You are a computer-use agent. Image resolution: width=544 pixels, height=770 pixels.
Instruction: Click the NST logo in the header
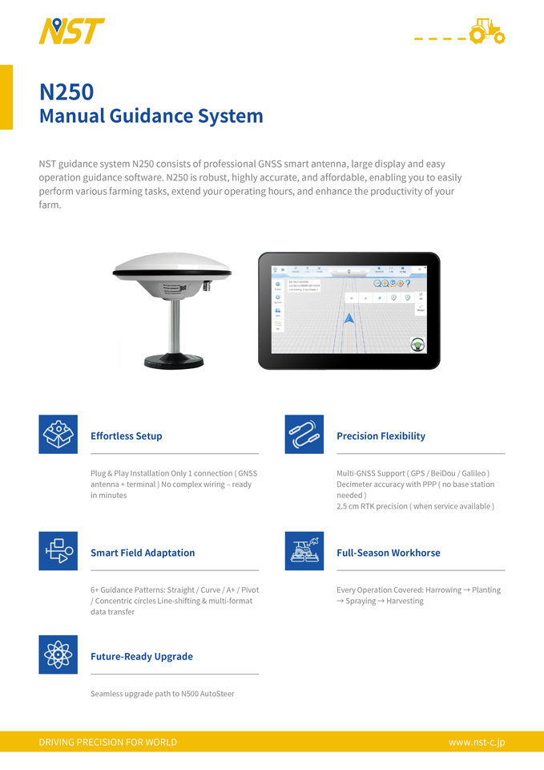[71, 31]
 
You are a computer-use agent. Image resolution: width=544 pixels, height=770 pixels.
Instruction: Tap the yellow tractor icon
[486, 31]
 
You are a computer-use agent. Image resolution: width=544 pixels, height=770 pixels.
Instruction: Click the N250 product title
[66, 92]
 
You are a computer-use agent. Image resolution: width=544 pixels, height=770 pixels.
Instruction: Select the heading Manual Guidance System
[151, 115]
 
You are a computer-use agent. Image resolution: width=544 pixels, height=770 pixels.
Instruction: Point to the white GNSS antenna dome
[171, 264]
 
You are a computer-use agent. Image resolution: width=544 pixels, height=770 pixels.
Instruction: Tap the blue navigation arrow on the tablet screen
[349, 319]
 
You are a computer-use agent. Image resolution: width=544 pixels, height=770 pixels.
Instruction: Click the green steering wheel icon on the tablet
[417, 346]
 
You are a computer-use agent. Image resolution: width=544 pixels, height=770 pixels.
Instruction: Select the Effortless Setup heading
[127, 436]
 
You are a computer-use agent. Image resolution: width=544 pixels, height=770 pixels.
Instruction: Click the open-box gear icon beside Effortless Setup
[58, 435]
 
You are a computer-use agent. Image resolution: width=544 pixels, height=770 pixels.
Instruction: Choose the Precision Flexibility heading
[381, 436]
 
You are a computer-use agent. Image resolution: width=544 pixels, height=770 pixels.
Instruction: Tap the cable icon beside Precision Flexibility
[304, 435]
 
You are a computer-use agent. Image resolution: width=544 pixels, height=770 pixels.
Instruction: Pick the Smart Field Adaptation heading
[143, 553]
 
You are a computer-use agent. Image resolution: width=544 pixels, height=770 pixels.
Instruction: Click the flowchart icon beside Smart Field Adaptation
[58, 551]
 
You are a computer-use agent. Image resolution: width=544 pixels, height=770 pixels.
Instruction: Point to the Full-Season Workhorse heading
[388, 553]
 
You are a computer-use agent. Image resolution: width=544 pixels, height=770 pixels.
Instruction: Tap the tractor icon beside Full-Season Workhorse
[304, 551]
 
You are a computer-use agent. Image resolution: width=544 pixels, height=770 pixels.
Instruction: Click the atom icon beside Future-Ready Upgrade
[58, 654]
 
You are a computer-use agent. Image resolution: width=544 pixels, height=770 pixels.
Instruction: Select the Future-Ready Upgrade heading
[142, 656]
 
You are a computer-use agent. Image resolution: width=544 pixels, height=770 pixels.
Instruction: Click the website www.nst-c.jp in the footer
[477, 742]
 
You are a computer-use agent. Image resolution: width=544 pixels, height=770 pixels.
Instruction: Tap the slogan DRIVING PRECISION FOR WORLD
[108, 742]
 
